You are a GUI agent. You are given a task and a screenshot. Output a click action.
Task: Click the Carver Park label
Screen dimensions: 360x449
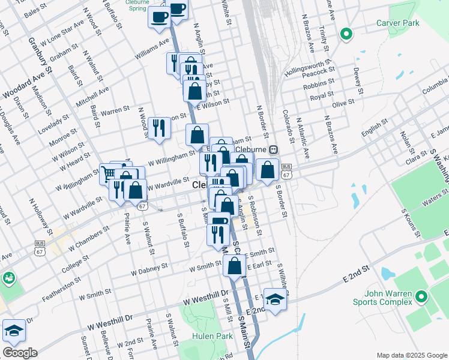pyautogui.click(x=397, y=23)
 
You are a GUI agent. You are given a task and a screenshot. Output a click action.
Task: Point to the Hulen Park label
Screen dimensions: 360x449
pyautogui.click(x=212, y=337)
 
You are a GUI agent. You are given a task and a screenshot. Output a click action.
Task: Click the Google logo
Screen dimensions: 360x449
pyautogui.click(x=19, y=353)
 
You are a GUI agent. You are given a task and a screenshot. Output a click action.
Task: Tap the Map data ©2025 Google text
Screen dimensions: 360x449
pyautogui.click(x=411, y=355)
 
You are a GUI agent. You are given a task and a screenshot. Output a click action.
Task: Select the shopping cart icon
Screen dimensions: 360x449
pyautogui.click(x=109, y=174)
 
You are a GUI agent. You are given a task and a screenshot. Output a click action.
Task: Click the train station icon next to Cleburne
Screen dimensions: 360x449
pyautogui.click(x=273, y=149)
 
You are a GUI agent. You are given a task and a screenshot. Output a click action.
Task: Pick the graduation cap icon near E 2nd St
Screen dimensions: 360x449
pyautogui.click(x=275, y=299)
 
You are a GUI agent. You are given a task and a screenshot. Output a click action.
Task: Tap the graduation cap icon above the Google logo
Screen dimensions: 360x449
pyautogui.click(x=13, y=329)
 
